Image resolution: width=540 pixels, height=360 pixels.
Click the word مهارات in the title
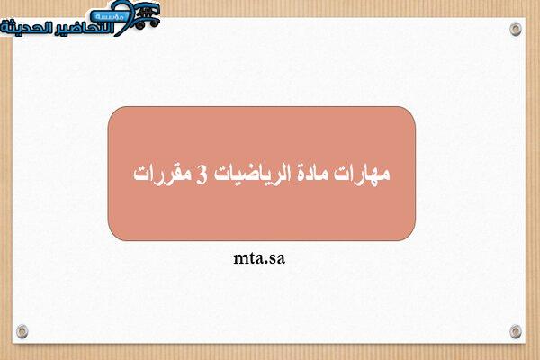[x=362, y=174]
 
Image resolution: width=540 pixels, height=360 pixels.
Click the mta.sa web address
[x=259, y=258]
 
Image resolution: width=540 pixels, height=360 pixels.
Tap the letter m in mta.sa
[x=240, y=259]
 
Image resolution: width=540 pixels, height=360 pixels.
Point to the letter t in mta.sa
[x=252, y=258]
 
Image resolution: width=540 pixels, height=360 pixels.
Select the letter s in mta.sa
[x=273, y=259]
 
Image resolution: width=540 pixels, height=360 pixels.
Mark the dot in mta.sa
[x=265, y=263]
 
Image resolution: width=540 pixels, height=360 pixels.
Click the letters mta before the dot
[x=248, y=258]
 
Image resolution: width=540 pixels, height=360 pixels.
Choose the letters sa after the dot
[x=277, y=259]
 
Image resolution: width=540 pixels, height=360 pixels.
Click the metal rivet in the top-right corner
[x=516, y=29]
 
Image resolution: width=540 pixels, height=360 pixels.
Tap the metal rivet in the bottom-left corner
[x=22, y=331]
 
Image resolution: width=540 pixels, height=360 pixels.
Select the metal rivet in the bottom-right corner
[x=516, y=331]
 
